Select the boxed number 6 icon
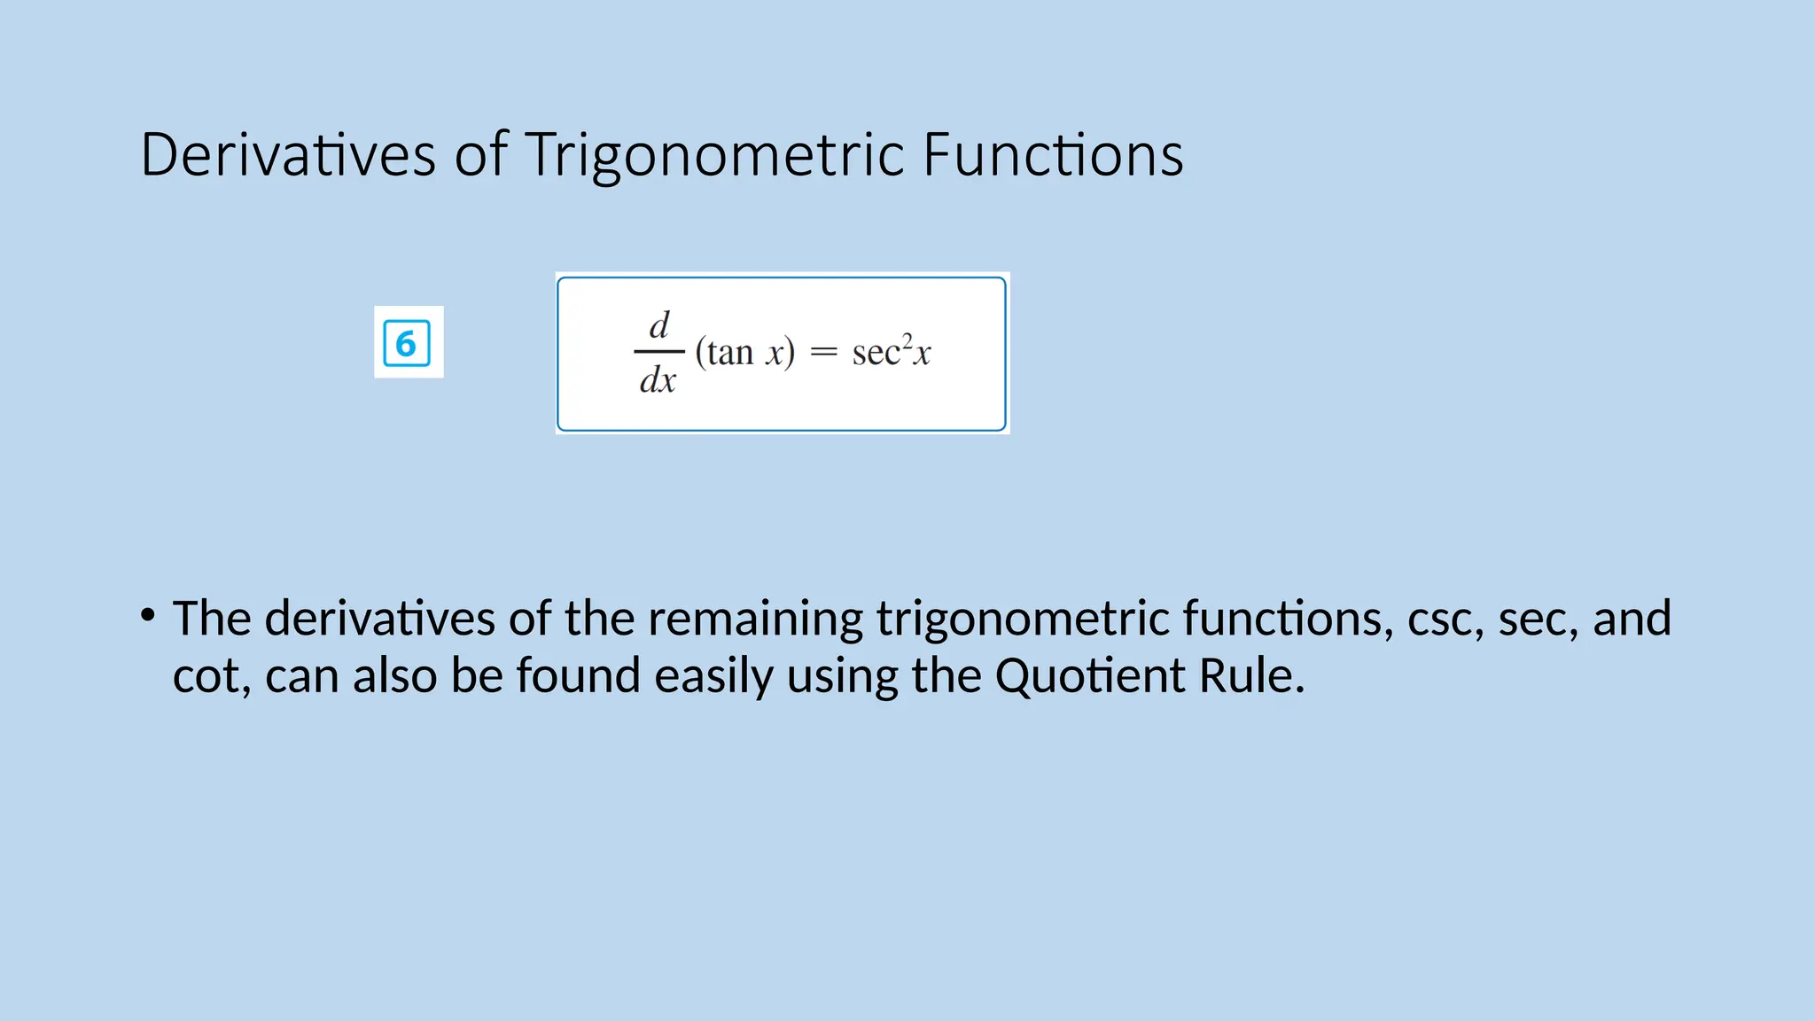(407, 343)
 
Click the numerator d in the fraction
(659, 325)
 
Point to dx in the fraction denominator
(658, 380)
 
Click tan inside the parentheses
(729, 353)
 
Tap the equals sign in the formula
(823, 353)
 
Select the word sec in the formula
(876, 353)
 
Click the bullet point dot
(148, 613)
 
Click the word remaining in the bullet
(755, 619)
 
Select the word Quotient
(1090, 676)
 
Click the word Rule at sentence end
(1250, 676)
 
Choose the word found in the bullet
(578, 676)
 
